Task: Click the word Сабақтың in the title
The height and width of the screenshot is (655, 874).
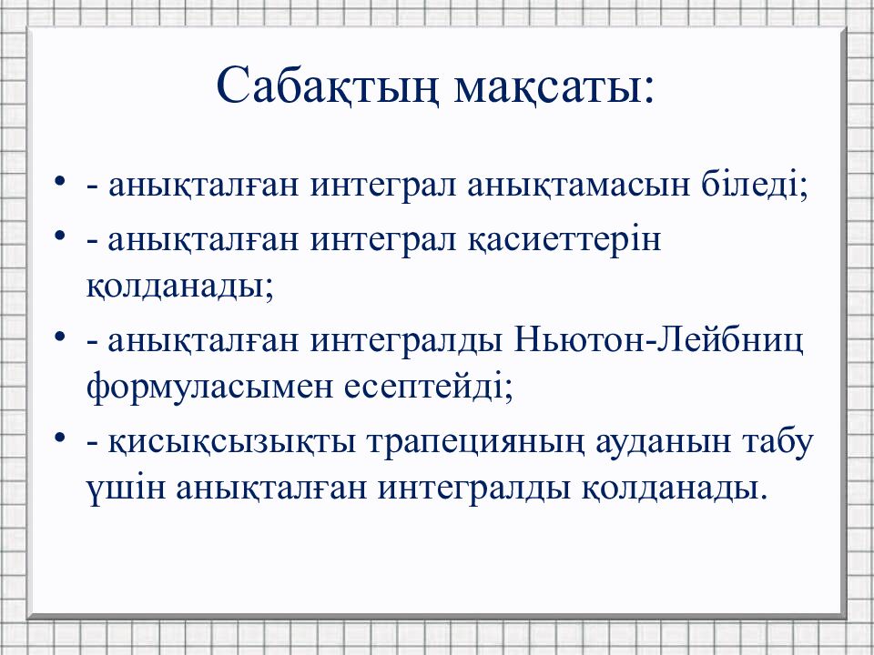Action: click(x=327, y=87)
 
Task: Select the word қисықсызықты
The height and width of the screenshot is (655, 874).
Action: click(x=232, y=443)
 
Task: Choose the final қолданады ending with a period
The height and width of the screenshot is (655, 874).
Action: click(x=666, y=489)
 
